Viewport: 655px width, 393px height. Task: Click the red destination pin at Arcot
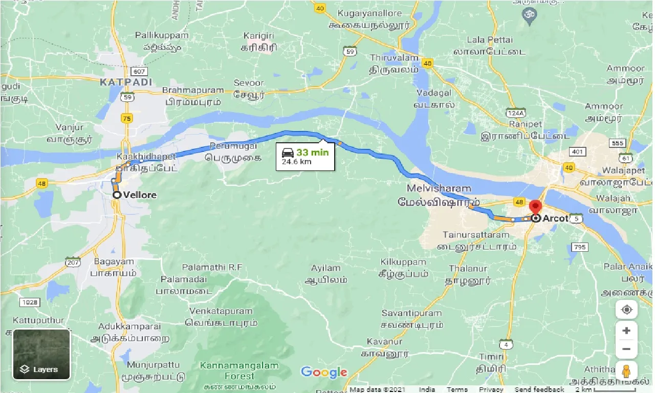[x=535, y=207]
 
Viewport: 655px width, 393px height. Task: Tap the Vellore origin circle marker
[x=117, y=194]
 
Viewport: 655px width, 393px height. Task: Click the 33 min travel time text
[x=312, y=152]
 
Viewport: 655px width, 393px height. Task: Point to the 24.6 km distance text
[x=296, y=162]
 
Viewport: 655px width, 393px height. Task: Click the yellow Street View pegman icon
[x=626, y=370]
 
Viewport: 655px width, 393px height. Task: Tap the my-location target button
[x=626, y=310]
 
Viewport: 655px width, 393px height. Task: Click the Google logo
[x=323, y=372]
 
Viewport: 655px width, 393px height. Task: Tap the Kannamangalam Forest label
[x=239, y=370]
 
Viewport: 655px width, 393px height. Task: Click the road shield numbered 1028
[x=30, y=302]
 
